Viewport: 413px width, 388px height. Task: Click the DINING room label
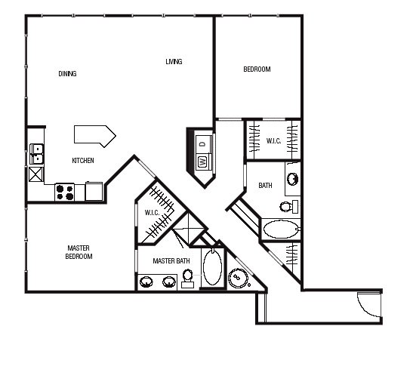coord(67,74)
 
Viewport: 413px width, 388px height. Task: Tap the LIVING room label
coord(174,62)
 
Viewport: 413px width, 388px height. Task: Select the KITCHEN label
coord(83,161)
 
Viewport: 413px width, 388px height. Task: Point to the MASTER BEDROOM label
coord(79,252)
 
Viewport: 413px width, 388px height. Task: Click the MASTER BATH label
coord(171,260)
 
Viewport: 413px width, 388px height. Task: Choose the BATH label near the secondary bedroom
coord(265,186)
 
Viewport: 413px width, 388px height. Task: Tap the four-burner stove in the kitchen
coord(64,192)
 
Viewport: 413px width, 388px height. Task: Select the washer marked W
coord(203,162)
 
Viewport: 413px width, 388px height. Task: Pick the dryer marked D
coord(203,144)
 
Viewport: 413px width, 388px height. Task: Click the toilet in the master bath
coord(187,278)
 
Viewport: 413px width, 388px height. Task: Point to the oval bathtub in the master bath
coord(213,266)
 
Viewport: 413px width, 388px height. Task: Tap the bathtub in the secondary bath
coord(281,229)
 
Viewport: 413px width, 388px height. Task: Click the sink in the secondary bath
coord(292,179)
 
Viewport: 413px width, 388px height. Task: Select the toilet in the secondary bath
coord(288,207)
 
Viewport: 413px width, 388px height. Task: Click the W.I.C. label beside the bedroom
coord(273,141)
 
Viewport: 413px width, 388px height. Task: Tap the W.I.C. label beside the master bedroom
coord(152,213)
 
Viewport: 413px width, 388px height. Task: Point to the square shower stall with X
coord(189,229)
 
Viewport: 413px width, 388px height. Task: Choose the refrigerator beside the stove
coord(94,191)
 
